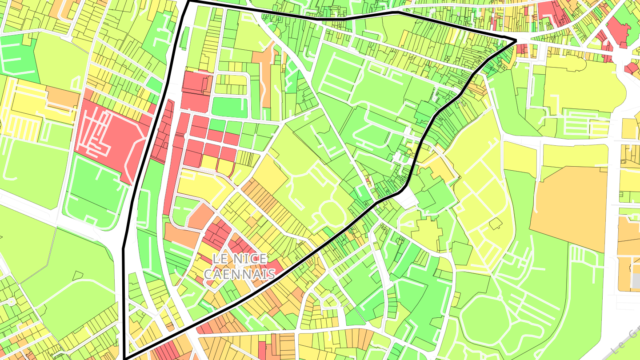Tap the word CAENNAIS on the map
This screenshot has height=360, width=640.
(x=240, y=273)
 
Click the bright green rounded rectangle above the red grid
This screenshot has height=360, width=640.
(x=229, y=107)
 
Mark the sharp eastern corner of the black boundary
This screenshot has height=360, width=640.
(x=516, y=41)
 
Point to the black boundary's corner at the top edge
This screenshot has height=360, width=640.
(x=189, y=2)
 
